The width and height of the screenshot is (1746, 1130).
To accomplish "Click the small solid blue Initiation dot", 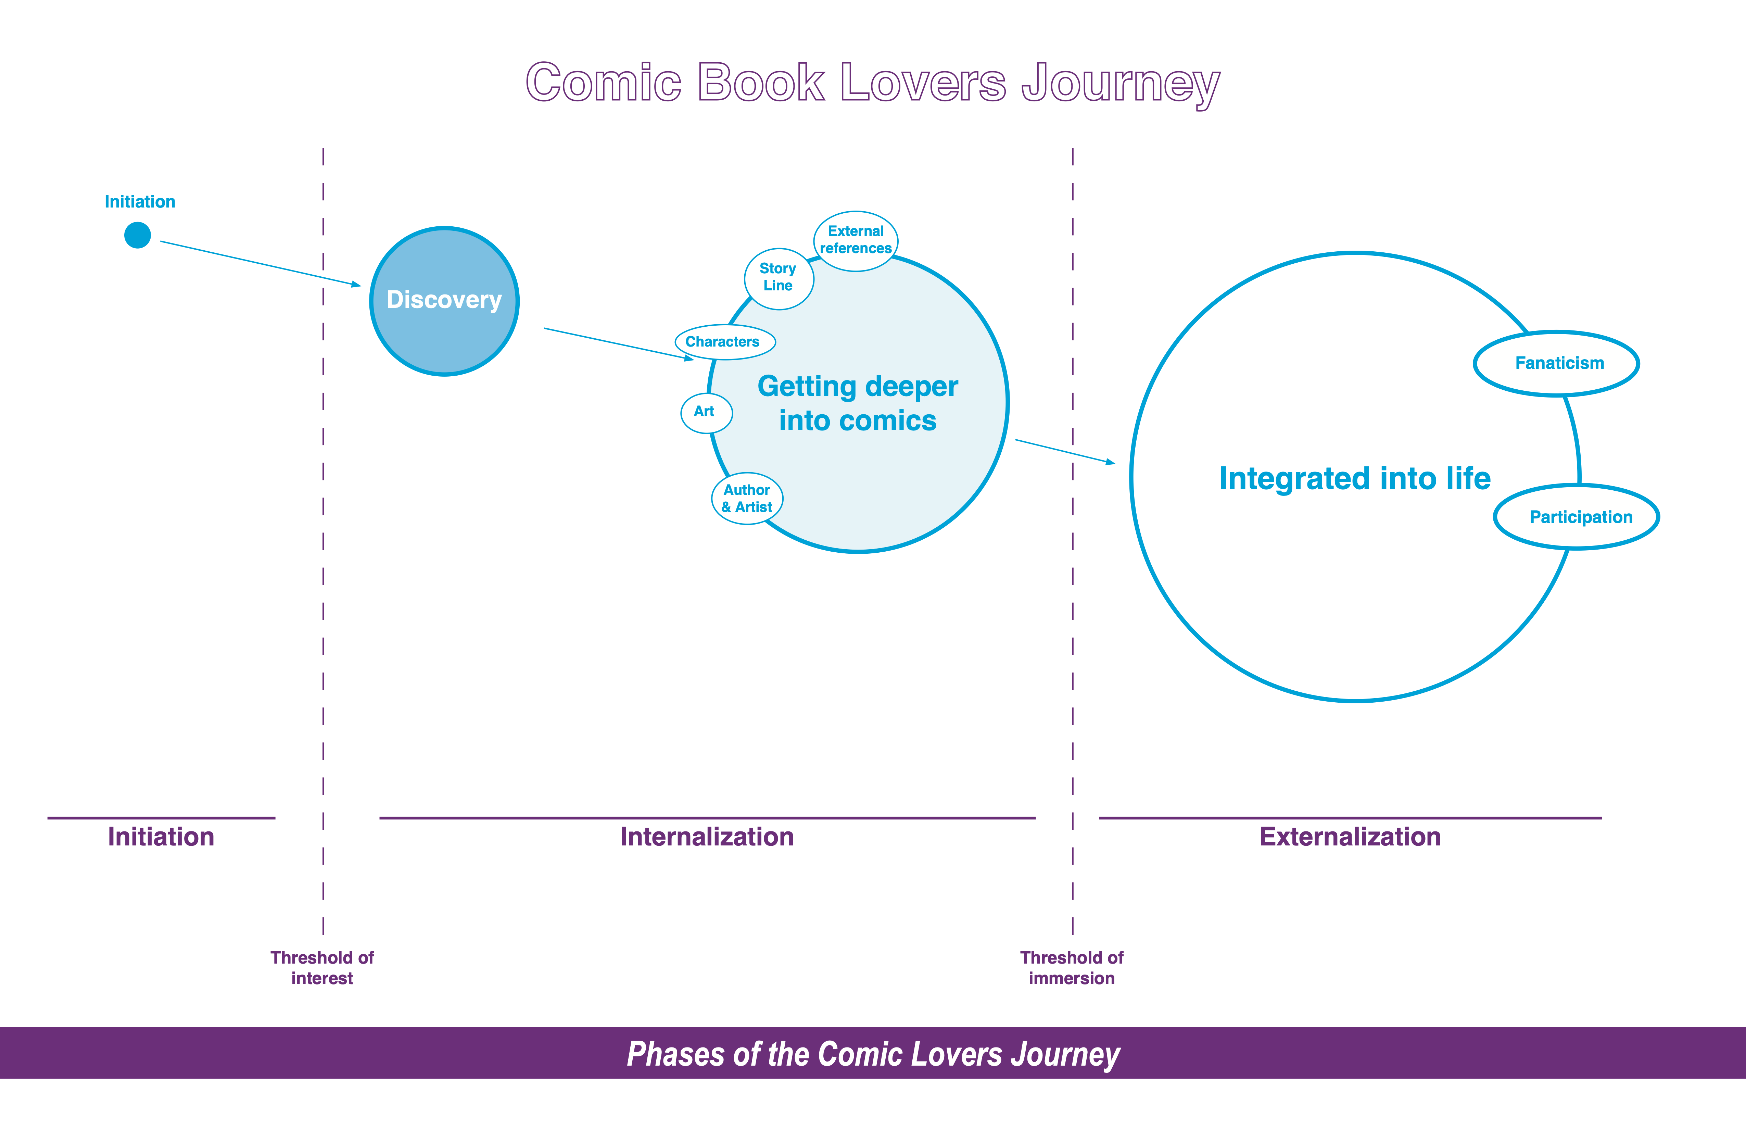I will coord(137,235).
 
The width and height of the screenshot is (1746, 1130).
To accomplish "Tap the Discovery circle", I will coord(445,301).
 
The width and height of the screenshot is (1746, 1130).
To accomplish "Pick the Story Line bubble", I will coord(779,278).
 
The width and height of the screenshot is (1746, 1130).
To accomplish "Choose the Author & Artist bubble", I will coord(747,498).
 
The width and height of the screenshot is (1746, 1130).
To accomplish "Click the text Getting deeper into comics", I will coord(858,404).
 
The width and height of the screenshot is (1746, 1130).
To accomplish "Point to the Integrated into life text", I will coord(1354,478).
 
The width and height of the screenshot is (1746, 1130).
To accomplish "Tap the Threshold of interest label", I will coord(322,968).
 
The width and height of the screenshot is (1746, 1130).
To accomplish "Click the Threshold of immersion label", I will coord(1071,968).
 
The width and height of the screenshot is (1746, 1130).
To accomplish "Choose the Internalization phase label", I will coord(707,837).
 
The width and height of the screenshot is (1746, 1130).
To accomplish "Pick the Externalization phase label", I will coord(1350,837).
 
